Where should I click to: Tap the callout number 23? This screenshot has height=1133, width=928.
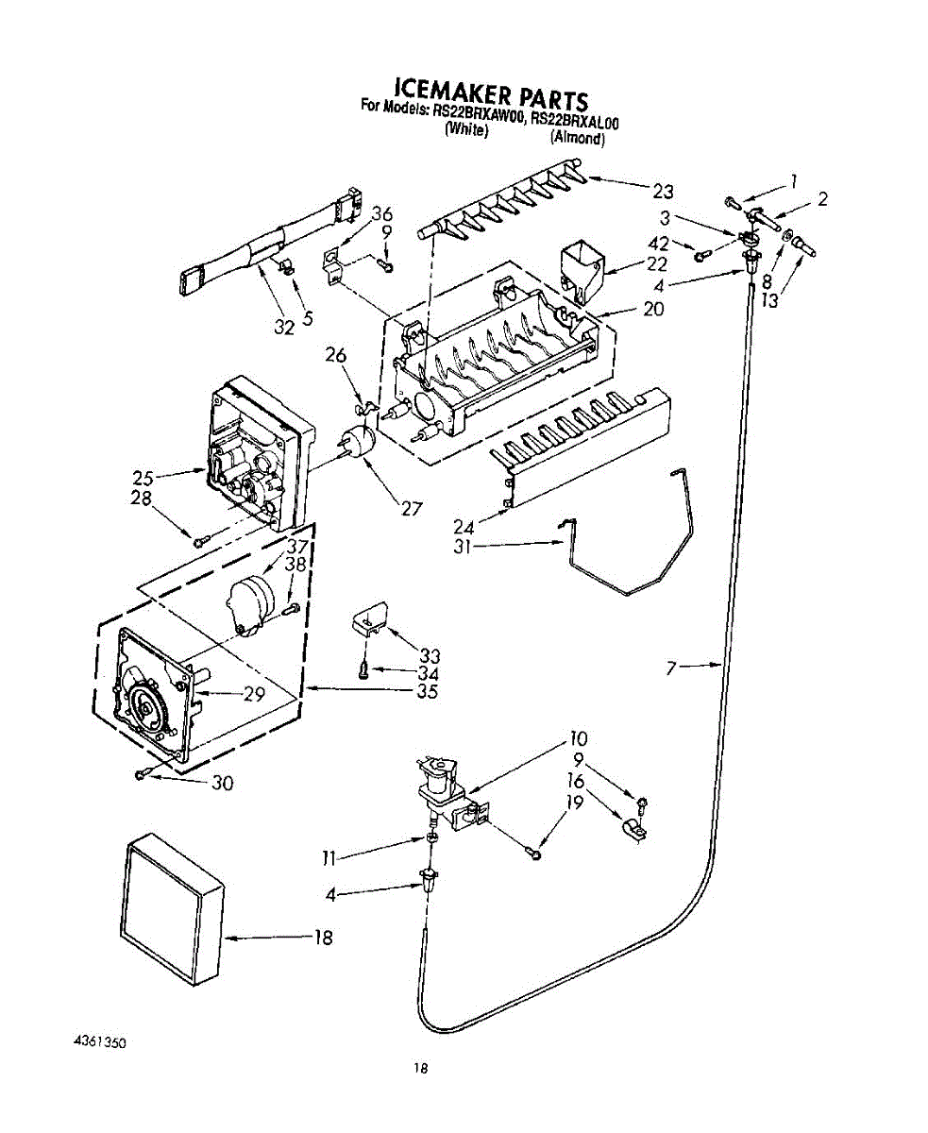(663, 192)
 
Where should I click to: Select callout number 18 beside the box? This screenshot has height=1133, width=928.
(323, 938)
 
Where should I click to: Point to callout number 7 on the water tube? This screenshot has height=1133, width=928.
(671, 668)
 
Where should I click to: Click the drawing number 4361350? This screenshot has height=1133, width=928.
(99, 1042)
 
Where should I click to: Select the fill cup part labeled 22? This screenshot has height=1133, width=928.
(582, 267)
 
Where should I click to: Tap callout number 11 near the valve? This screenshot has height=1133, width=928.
(329, 858)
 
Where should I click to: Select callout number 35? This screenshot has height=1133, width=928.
(428, 691)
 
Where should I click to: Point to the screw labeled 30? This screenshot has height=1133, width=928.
(142, 774)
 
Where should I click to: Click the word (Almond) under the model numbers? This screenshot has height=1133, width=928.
(578, 138)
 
